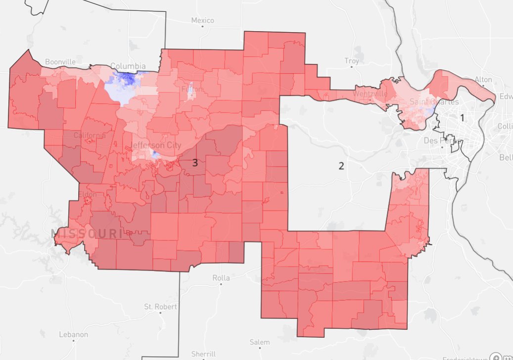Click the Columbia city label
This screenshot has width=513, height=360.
pos(128,66)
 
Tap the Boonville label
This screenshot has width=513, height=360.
pos(60,62)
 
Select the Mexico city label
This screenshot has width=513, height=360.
pos(203,20)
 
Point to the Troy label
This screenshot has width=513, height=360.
pos(351,61)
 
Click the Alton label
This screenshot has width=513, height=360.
pos(483,80)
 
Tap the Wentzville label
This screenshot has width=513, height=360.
pos(370,93)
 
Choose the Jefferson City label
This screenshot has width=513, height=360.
pos(156,145)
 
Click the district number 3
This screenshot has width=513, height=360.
pos(195,163)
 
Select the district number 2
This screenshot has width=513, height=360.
pos(341,166)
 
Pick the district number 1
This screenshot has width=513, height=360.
pos(462,118)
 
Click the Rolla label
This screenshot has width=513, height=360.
pos(221,278)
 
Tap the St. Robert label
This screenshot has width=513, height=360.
pos(160,307)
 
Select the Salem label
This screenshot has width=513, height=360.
pos(260,342)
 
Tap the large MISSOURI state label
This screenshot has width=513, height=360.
pos(86,234)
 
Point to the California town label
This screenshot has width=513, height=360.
pos(90,135)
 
